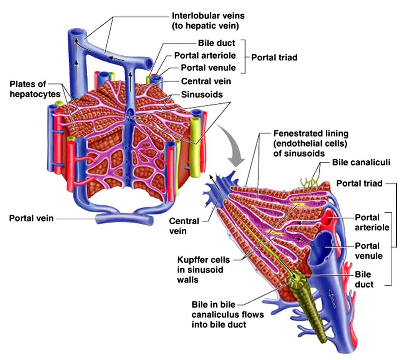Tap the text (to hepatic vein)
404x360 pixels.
tap(205, 26)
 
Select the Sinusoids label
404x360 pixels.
tap(202, 95)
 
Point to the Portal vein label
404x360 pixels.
tap(31, 218)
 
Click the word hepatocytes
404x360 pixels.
tap(35, 94)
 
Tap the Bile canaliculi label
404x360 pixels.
tap(361, 162)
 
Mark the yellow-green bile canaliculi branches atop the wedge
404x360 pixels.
tap(310, 181)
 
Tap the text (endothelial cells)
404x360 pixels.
tap(310, 144)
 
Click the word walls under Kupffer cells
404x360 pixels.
tap(188, 280)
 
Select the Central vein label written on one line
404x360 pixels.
tap(206, 81)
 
